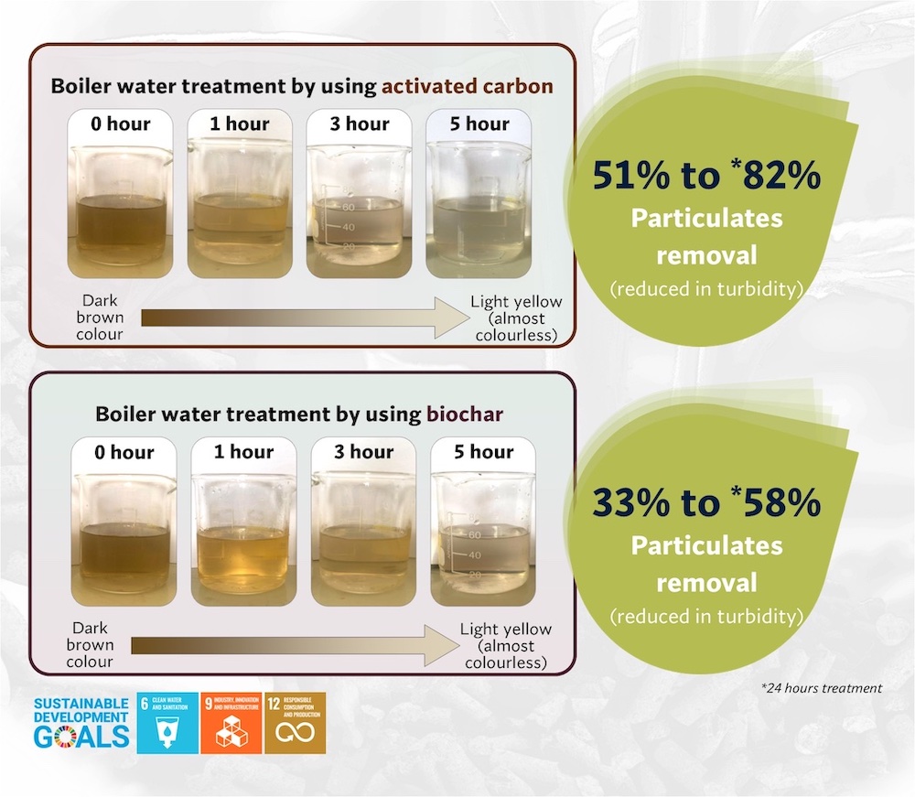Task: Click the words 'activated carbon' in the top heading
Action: (468, 86)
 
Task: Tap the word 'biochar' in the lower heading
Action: (465, 415)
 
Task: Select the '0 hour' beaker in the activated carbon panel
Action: (121, 209)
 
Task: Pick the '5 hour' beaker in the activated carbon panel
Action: (479, 209)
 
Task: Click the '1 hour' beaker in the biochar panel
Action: (244, 537)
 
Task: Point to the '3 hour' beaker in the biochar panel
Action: (363, 537)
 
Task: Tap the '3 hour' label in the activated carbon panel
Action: (360, 124)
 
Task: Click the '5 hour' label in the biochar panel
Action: (484, 452)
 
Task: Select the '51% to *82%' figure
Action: (706, 175)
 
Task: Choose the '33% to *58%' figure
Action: (706, 502)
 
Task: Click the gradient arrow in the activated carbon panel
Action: (306, 318)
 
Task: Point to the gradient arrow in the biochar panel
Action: (296, 645)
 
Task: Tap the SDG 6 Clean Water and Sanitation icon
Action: (167, 723)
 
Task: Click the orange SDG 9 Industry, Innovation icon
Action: (231, 723)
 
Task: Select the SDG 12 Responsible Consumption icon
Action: (296, 723)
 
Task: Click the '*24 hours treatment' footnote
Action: (822, 688)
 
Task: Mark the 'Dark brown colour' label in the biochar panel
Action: (90, 645)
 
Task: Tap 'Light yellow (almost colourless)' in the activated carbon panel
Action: (516, 318)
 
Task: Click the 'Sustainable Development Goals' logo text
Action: (81, 723)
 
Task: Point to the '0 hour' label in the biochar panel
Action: (124, 452)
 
